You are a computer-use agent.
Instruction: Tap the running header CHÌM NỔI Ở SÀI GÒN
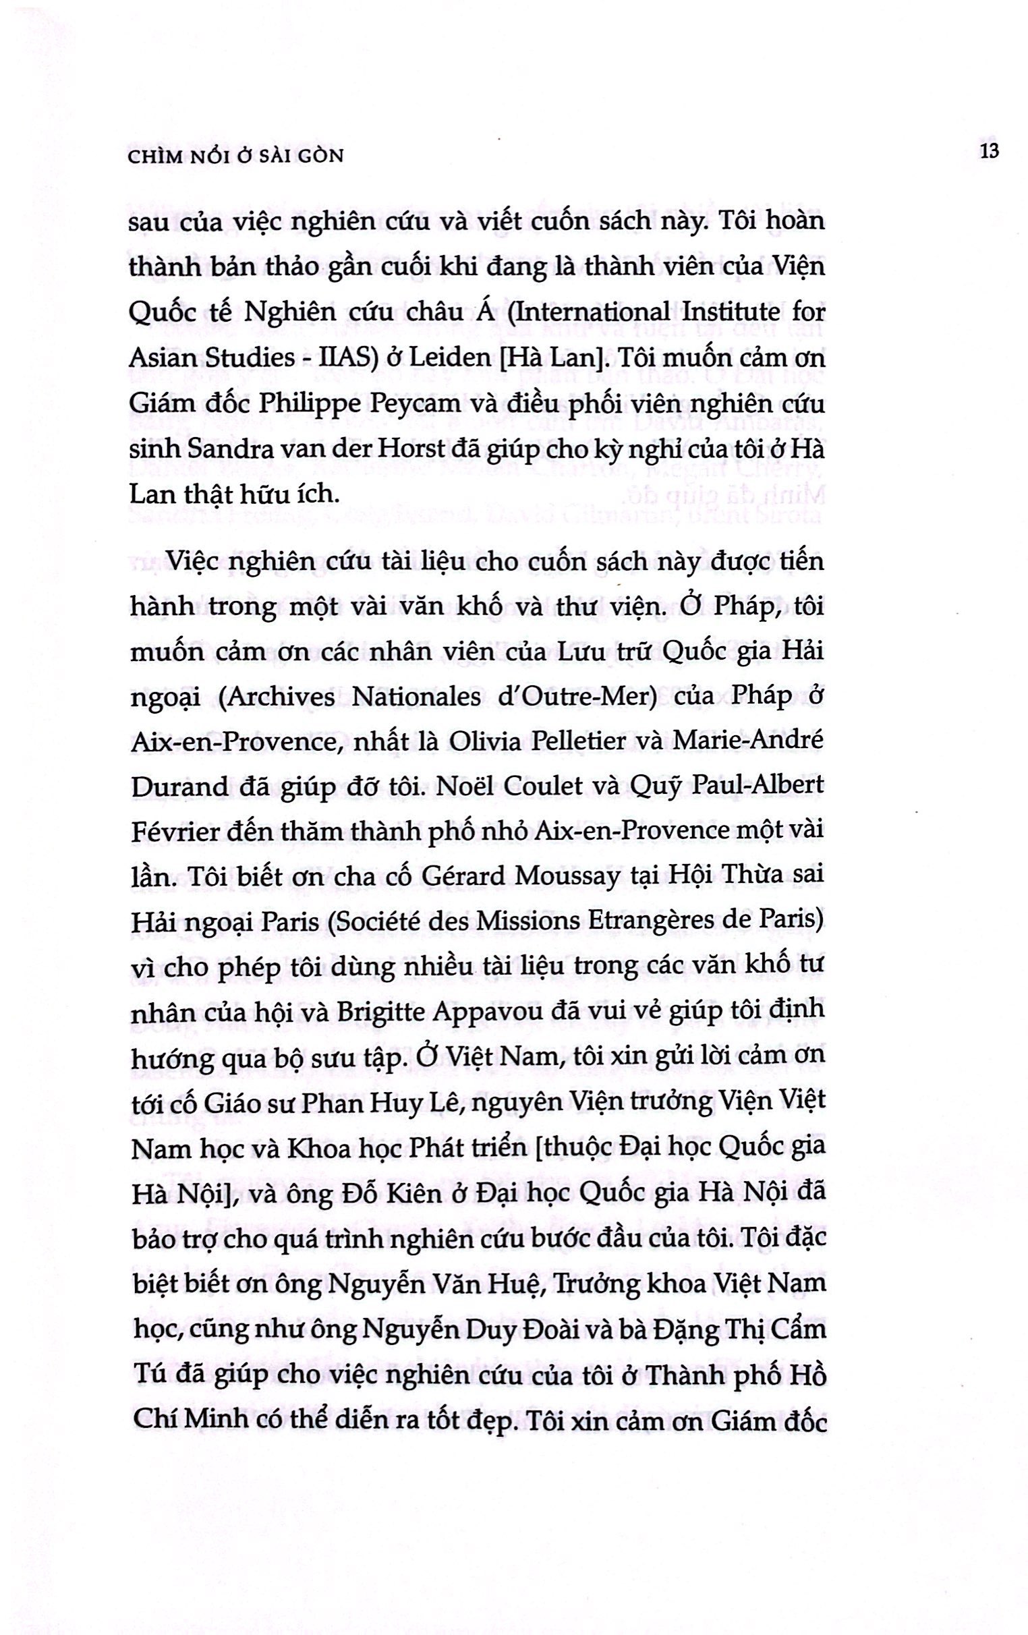tap(236, 156)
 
